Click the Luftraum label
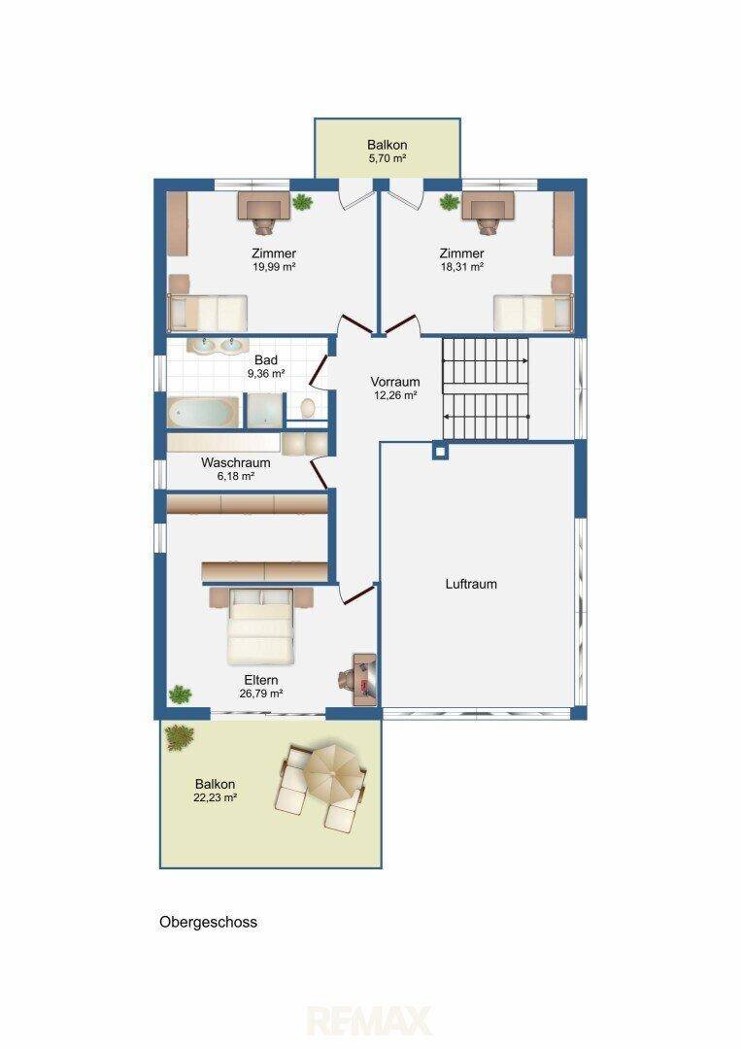pyautogui.click(x=471, y=584)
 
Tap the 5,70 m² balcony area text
pyautogui.click(x=387, y=158)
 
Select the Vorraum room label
pyautogui.click(x=395, y=382)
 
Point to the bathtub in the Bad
pyautogui.click(x=203, y=413)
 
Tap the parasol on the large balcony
pyautogui.click(x=331, y=775)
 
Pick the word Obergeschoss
pyautogui.click(x=208, y=922)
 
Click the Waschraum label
pyautogui.click(x=235, y=463)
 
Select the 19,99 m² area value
pyautogui.click(x=274, y=266)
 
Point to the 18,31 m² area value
pyautogui.click(x=461, y=266)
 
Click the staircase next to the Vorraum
pyautogui.click(x=486, y=389)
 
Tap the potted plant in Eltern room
pyautogui.click(x=180, y=695)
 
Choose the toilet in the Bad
pyautogui.click(x=308, y=407)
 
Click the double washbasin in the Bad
pyautogui.click(x=214, y=346)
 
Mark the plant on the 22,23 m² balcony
pyautogui.click(x=180, y=736)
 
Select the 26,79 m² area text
pyautogui.click(x=261, y=694)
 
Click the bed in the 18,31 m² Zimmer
pyautogui.click(x=532, y=313)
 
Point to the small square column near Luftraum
pyautogui.click(x=439, y=452)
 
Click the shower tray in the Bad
pyautogui.click(x=265, y=411)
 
